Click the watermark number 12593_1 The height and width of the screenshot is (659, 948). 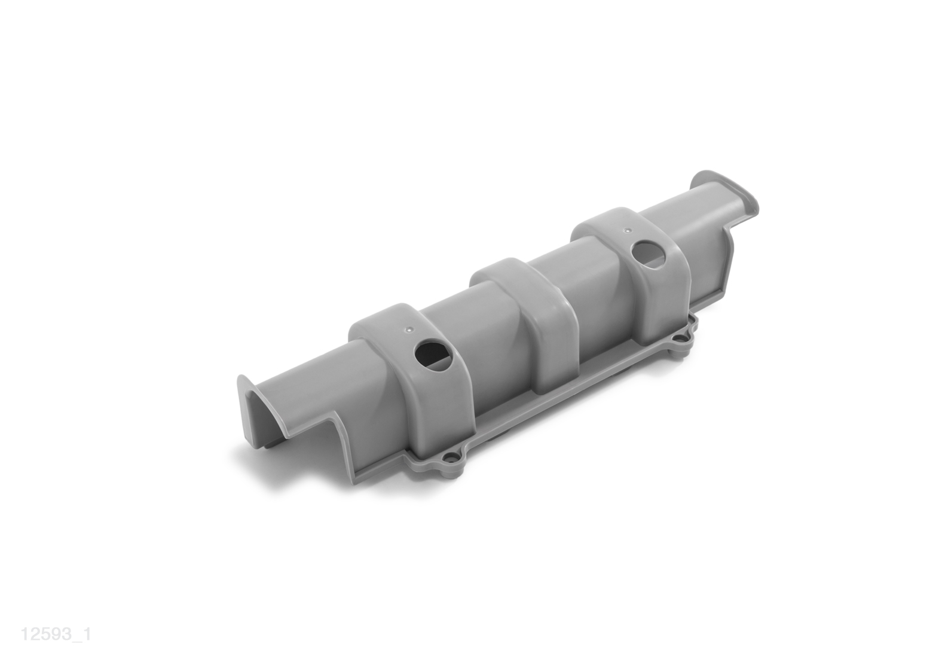tap(56, 634)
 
